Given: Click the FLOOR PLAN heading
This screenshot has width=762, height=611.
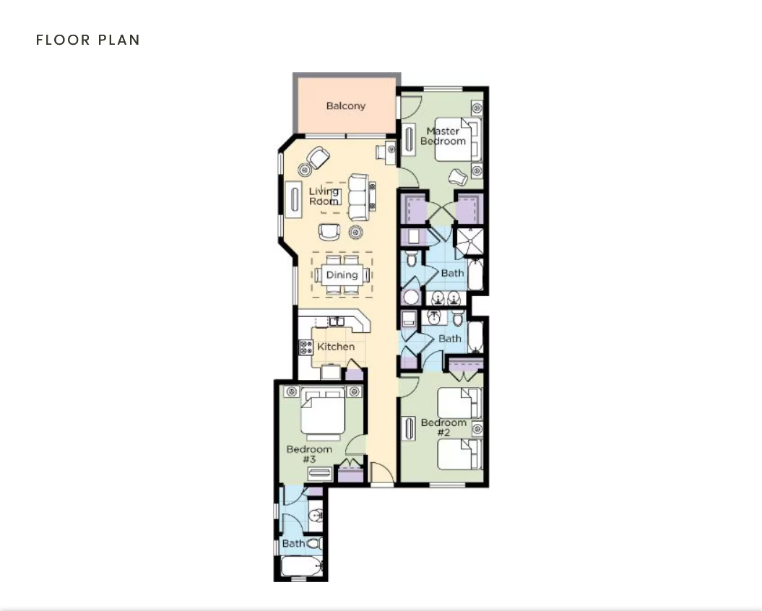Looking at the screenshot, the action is pyautogui.click(x=88, y=40).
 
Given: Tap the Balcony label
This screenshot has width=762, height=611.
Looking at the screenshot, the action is pyautogui.click(x=345, y=105).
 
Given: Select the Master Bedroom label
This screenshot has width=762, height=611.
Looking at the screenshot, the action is pyautogui.click(x=443, y=136).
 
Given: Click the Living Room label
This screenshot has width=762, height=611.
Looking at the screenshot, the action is pyautogui.click(x=324, y=196).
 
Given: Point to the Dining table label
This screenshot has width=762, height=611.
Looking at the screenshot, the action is pyautogui.click(x=342, y=274).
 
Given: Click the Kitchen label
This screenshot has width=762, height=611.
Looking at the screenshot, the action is pyautogui.click(x=336, y=347).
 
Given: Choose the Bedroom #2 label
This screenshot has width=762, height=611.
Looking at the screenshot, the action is pyautogui.click(x=443, y=428).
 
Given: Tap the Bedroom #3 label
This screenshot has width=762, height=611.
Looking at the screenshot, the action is pyautogui.click(x=309, y=454).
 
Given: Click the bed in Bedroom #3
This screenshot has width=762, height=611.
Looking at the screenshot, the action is pyautogui.click(x=323, y=412).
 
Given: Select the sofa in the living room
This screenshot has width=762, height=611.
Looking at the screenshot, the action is pyautogui.click(x=359, y=197).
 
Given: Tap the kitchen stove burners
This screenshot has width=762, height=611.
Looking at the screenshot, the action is pyautogui.click(x=306, y=347).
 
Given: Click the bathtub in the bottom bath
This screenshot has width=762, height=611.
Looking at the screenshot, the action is pyautogui.click(x=301, y=566).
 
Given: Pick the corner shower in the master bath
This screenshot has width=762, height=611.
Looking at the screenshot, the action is pyautogui.click(x=469, y=241).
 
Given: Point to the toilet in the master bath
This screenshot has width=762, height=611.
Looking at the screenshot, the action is pyautogui.click(x=411, y=259).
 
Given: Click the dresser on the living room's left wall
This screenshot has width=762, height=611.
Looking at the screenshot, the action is pyautogui.click(x=293, y=199).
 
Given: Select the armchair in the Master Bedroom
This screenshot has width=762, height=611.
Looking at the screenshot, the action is pyautogui.click(x=458, y=176).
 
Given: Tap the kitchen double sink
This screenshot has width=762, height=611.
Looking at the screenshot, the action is pyautogui.click(x=337, y=321).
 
